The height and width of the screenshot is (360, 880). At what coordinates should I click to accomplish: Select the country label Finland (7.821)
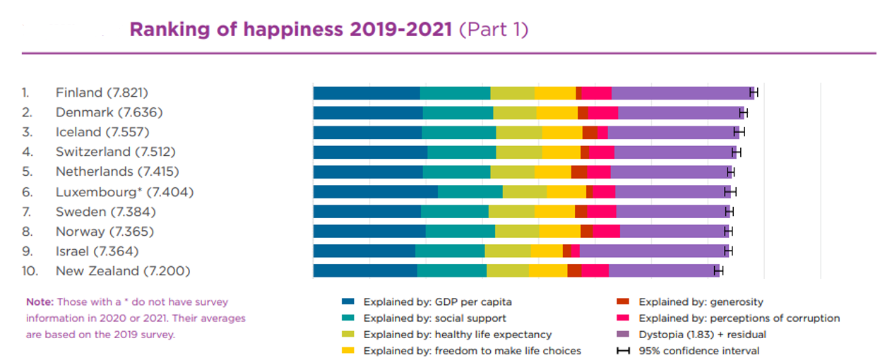pyautogui.click(x=102, y=92)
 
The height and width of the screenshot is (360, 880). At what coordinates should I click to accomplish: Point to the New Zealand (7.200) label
pyautogui.click(x=123, y=271)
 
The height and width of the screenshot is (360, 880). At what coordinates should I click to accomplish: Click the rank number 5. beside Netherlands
pyautogui.click(x=26, y=172)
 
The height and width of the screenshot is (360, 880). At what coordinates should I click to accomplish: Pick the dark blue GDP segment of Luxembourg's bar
pyautogui.click(x=375, y=192)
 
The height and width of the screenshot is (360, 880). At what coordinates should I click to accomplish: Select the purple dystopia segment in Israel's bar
pyautogui.click(x=653, y=251)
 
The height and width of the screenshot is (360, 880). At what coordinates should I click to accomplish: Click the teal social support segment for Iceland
pyautogui.click(x=458, y=133)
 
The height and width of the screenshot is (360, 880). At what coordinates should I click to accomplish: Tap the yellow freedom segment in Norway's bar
pyautogui.click(x=559, y=232)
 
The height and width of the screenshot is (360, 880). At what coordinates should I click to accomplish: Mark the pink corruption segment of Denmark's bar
pyautogui.click(x=603, y=113)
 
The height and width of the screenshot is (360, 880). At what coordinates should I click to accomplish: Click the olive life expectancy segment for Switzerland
pyautogui.click(x=518, y=152)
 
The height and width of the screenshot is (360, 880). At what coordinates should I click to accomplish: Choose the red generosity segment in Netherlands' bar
pyautogui.click(x=578, y=172)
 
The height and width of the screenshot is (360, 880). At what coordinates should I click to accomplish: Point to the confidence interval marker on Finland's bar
pyautogui.click(x=753, y=93)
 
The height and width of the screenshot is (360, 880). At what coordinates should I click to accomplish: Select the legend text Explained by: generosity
pyautogui.click(x=701, y=302)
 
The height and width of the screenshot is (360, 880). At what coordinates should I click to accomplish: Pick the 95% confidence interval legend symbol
pyautogui.click(x=623, y=351)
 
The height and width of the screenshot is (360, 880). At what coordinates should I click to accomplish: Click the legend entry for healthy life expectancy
pyautogui.click(x=458, y=335)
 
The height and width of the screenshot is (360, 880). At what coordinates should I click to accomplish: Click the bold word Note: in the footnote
pyautogui.click(x=40, y=302)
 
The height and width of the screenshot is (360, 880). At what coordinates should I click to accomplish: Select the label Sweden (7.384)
pyautogui.click(x=105, y=212)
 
